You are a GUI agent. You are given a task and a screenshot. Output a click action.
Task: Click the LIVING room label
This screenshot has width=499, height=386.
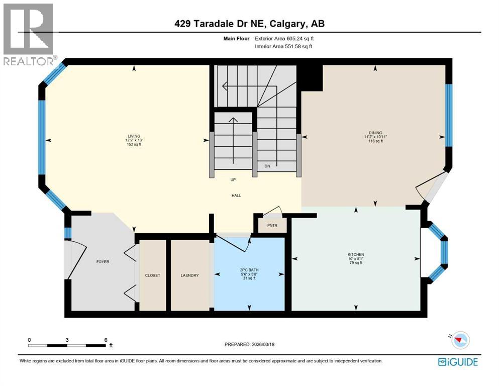tap(133, 136)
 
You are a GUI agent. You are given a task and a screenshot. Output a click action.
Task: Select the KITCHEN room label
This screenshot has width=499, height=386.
tap(355, 254)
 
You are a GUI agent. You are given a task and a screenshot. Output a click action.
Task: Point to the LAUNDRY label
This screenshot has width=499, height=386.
tap(190, 275)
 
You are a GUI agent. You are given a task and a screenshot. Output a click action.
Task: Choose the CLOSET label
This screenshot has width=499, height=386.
tap(152, 275)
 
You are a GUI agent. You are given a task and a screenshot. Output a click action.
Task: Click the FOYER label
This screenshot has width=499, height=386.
tap(103, 262)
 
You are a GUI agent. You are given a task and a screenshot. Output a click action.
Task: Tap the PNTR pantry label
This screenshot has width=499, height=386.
tap(272, 226)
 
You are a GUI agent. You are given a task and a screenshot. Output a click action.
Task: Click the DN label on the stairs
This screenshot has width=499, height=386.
tap(267, 166)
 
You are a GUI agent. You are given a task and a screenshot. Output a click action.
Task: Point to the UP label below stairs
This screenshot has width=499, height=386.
tap(233, 179)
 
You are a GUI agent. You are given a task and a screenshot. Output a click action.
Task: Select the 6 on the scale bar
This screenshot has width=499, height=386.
tap(105, 339)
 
